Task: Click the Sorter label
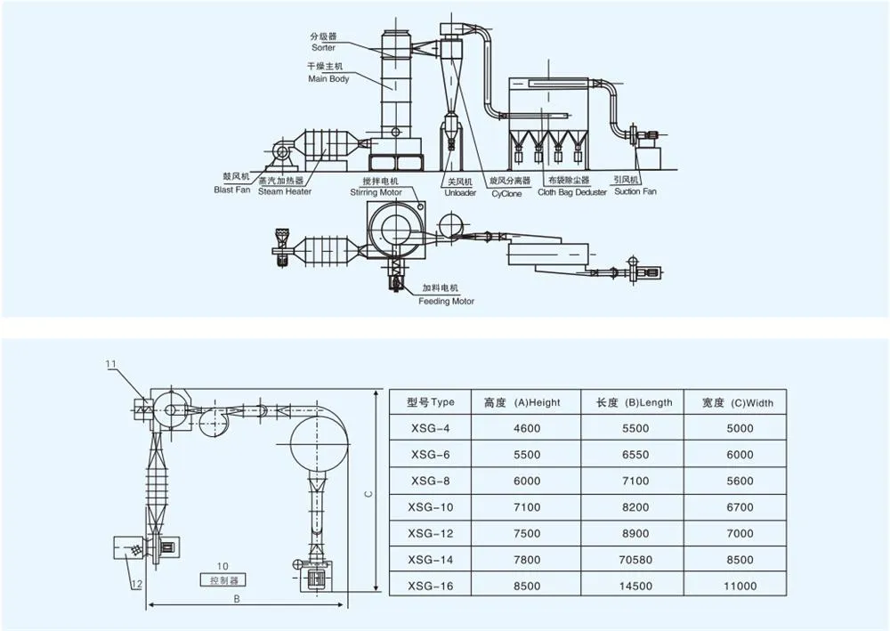coord(324,48)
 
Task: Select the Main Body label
coord(328,79)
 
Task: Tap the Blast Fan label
coord(232,190)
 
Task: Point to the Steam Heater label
coord(285,192)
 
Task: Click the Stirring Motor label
coord(376,192)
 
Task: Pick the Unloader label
coord(460,193)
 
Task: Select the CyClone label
coord(507,193)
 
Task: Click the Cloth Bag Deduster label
coord(572,192)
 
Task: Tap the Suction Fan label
coord(635,192)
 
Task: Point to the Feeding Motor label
coord(446,302)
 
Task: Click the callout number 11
coord(110,364)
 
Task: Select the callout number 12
coord(137,583)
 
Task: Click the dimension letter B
coord(237,599)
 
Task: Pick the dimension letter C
coord(369,494)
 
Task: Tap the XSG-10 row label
coord(431,507)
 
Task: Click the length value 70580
coord(635,560)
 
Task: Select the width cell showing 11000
coord(740,587)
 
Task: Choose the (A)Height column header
coord(537,403)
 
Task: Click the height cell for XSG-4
coord(527,428)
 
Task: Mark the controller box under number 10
coord(223,580)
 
